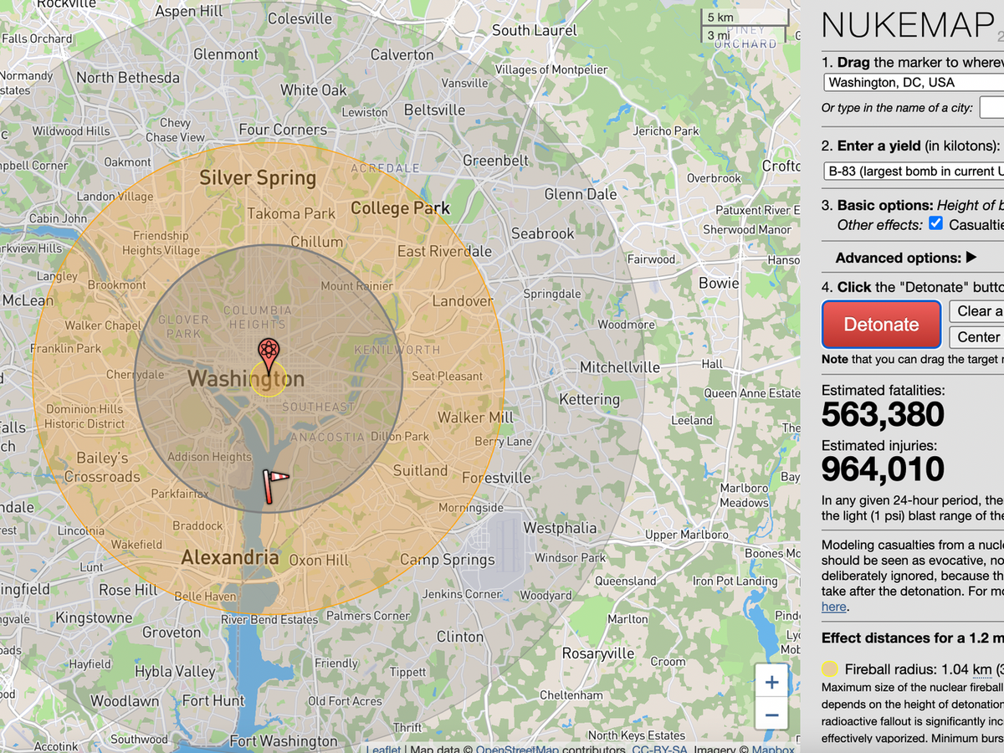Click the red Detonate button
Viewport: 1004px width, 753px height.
pyautogui.click(x=881, y=325)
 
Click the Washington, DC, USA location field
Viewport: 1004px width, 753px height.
pyautogui.click(x=912, y=82)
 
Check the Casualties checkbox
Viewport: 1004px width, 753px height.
pyautogui.click(x=936, y=224)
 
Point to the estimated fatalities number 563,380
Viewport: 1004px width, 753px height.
pyautogui.click(x=883, y=414)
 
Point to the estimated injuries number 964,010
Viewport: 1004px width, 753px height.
pyautogui.click(x=883, y=469)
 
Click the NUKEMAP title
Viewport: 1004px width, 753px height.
pyautogui.click(x=908, y=26)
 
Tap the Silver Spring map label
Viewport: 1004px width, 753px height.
pyautogui.click(x=258, y=178)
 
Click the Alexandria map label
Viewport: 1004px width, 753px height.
pyautogui.click(x=230, y=557)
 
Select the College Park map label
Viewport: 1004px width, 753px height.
pyautogui.click(x=400, y=208)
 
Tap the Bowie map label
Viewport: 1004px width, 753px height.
pyautogui.click(x=719, y=283)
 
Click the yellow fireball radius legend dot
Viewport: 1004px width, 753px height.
pyautogui.click(x=829, y=669)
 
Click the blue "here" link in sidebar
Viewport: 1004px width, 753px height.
pyautogui.click(x=833, y=607)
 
